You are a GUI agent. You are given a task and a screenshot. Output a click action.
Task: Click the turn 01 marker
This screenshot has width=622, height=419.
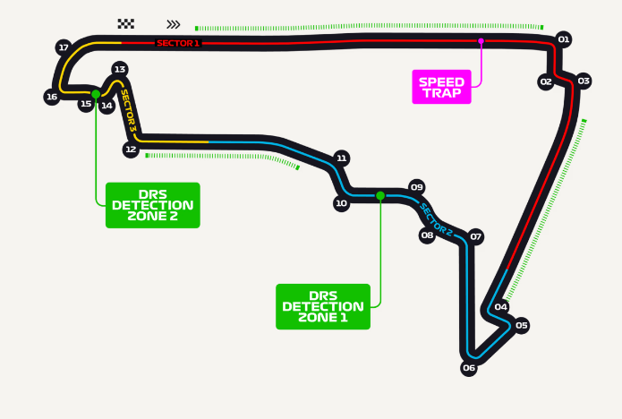pos(563,39)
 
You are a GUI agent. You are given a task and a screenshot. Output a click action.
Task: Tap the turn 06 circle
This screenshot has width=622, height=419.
pos(469,368)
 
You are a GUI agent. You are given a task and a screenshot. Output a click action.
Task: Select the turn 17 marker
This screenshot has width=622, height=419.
pos(63,47)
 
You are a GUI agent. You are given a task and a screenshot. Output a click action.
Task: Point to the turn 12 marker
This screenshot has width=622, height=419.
pos(131,150)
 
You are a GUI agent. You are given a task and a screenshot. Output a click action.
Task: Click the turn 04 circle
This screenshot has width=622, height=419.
pos(501,307)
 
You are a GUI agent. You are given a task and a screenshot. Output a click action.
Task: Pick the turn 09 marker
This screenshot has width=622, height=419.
pos(416,187)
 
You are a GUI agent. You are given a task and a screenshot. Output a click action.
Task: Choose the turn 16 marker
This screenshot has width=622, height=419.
pos(52,97)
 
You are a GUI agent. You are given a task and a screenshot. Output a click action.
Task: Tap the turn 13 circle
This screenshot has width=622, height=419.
pos(119,69)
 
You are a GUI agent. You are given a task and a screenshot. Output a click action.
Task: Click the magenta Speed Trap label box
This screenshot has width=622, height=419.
pos(441,87)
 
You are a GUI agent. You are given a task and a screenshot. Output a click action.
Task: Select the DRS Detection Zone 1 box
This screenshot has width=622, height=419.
pos(323,306)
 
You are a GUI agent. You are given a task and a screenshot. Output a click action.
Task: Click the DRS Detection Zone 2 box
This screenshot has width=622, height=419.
pos(153,205)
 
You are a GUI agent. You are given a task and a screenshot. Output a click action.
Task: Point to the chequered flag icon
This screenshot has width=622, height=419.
pos(126,24)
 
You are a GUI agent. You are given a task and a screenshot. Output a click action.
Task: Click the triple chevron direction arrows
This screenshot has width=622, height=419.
pos(174,24)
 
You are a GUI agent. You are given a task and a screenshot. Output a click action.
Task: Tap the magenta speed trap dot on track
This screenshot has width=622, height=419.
pos(481,41)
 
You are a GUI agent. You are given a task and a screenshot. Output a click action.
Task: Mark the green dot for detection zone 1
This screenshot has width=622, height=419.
pos(380,195)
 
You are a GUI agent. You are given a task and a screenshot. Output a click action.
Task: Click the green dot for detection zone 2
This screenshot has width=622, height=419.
pos(96,93)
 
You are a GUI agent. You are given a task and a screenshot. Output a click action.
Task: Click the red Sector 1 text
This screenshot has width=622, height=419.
pos(178,43)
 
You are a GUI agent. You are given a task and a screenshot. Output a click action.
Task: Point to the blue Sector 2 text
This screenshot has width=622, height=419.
pos(437,220)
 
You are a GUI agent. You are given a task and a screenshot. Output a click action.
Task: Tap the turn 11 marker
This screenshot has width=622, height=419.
pos(341,158)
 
